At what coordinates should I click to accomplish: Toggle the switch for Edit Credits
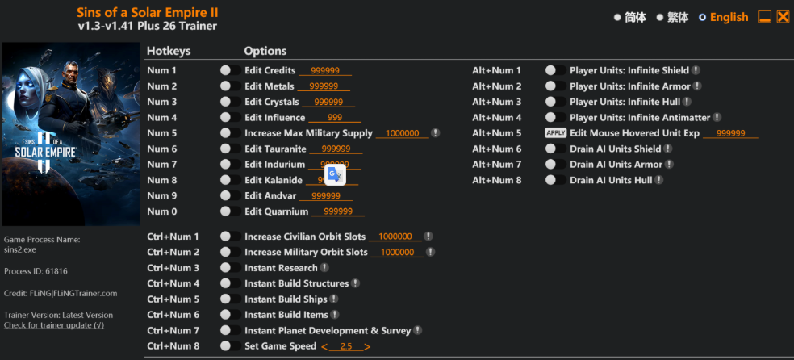pos(231,70)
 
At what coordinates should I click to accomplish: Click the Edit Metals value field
pos(323,86)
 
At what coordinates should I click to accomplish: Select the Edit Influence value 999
pos(334,118)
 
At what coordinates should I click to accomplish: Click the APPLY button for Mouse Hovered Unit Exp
pos(555,133)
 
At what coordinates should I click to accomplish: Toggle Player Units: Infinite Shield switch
pos(554,70)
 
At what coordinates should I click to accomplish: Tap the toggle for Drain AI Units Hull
pos(554,180)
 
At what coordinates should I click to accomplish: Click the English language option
pos(728,17)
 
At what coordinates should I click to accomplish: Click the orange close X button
pos(783,16)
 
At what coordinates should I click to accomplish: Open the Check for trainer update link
pos(53,325)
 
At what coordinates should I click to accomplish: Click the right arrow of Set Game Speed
pos(367,346)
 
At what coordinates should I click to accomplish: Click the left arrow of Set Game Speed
pos(324,346)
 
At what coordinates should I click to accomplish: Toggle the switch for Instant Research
pos(231,268)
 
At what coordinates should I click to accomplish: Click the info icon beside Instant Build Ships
pos(333,299)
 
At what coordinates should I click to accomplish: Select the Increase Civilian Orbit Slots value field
pos(395,237)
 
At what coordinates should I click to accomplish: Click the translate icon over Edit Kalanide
pos(335,178)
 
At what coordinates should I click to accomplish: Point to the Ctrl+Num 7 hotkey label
pos(173,331)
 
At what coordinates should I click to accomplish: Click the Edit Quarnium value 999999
pos(337,211)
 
